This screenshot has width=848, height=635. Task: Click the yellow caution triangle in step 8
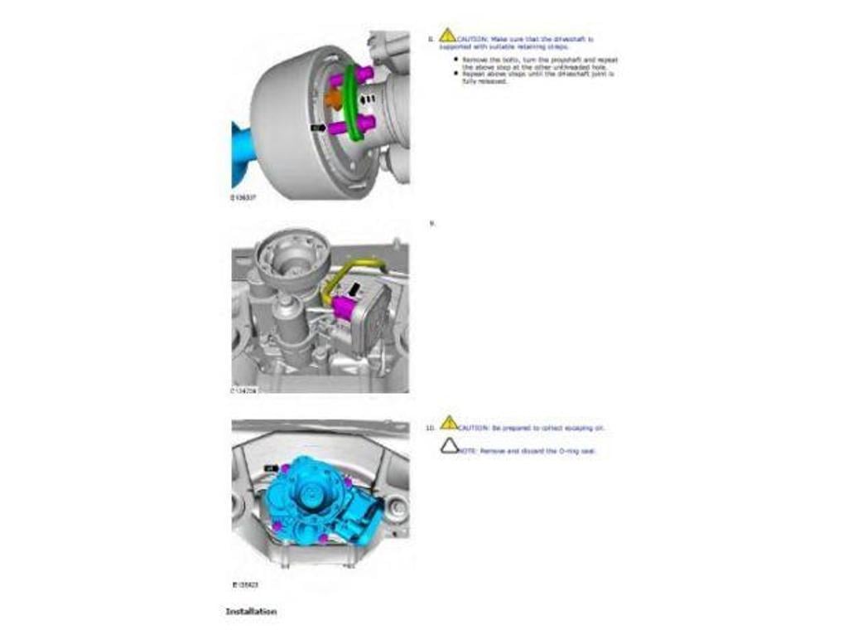tap(447, 36)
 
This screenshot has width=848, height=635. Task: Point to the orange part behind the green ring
tap(333, 99)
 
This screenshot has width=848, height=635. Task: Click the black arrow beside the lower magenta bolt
tap(317, 128)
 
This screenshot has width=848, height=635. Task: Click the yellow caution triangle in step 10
tap(448, 423)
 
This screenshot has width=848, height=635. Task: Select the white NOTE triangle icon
tap(449, 446)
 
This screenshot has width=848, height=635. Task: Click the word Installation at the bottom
tap(251, 612)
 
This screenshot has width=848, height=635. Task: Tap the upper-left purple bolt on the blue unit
tap(286, 469)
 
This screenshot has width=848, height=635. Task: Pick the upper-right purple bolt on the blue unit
tap(348, 482)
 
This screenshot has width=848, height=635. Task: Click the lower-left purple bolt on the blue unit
tap(278, 526)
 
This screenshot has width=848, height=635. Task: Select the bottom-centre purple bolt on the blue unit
tap(323, 538)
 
